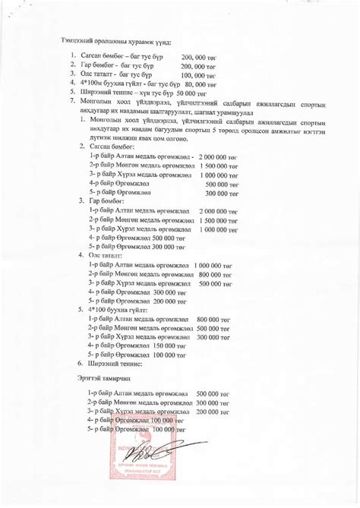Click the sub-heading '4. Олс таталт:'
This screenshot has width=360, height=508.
click(x=106, y=256)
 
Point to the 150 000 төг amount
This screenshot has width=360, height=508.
click(x=170, y=345)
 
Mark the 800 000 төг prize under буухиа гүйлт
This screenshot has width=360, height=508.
click(x=213, y=320)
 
